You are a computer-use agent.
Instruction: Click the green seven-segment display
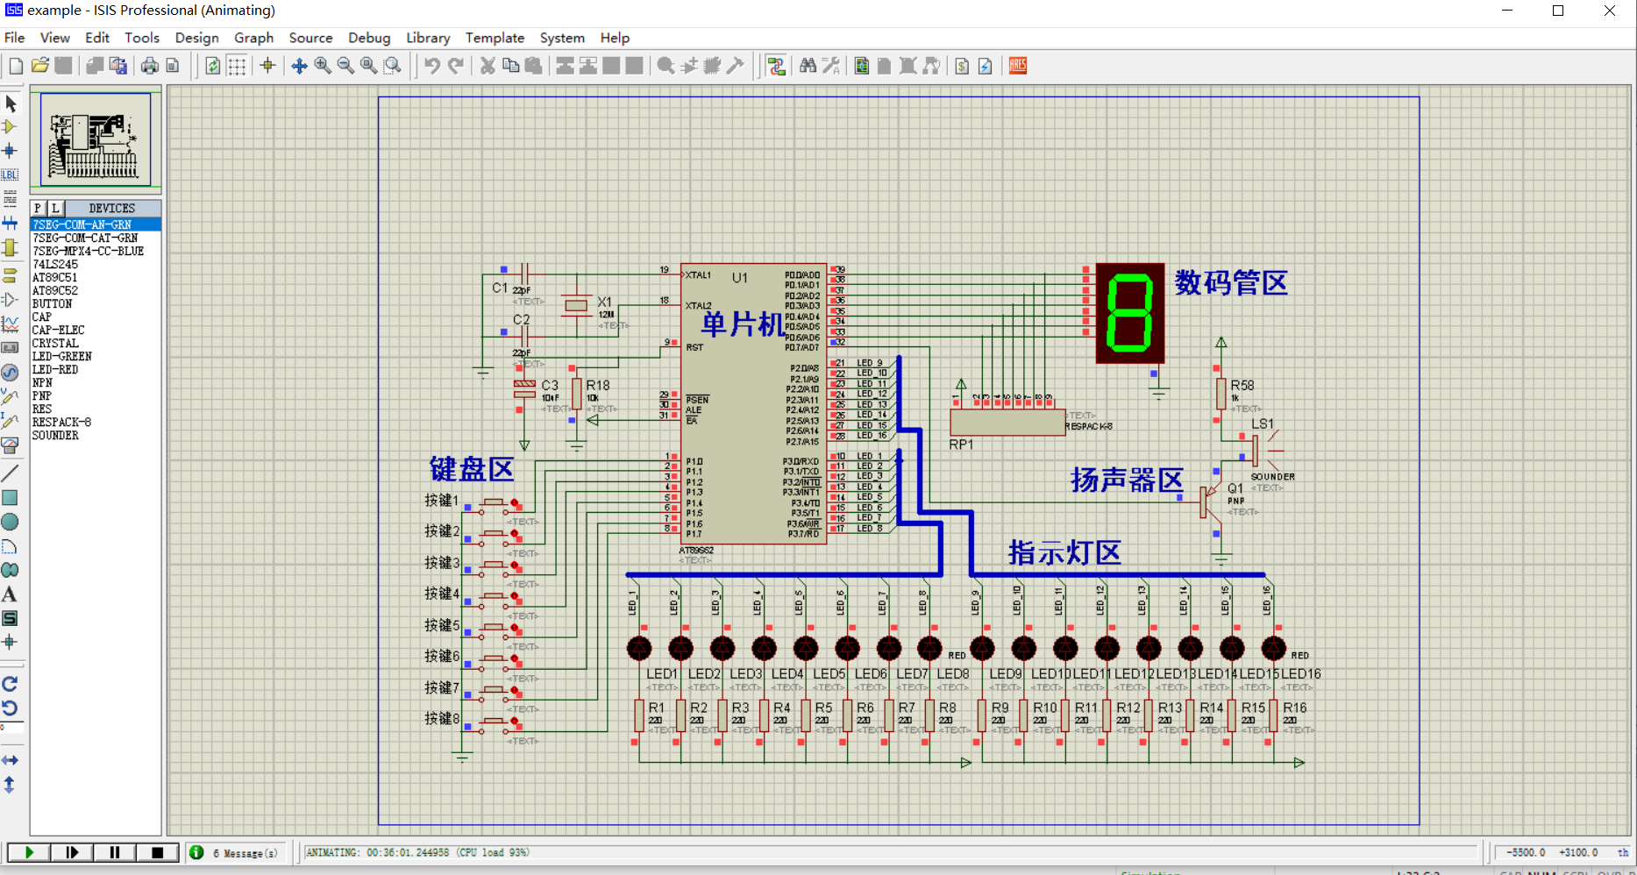[1129, 313]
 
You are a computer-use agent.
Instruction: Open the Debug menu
[369, 38]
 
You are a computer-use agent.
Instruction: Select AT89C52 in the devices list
[54, 290]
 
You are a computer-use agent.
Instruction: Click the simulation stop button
[158, 852]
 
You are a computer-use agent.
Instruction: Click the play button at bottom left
[29, 852]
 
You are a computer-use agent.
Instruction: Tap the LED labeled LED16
[1273, 649]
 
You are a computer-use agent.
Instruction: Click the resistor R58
[1221, 394]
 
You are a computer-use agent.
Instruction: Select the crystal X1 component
[576, 305]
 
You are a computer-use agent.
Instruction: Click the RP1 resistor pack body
[1007, 422]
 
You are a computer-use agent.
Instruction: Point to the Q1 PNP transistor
[1208, 502]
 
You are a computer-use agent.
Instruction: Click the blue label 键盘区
[471, 469]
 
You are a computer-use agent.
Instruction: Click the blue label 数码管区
[1231, 283]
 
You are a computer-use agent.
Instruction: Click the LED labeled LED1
[639, 649]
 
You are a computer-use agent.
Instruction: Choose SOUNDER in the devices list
[55, 436]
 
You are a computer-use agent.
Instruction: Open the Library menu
[428, 38]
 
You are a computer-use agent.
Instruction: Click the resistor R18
[576, 394]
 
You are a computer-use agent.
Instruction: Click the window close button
[1610, 11]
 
